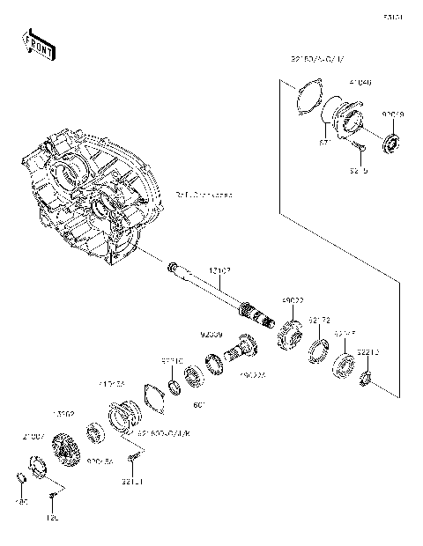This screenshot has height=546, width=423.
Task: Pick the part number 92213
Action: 369,352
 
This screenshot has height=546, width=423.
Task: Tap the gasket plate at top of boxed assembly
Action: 305,96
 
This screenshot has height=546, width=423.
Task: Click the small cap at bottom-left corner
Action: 19,477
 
